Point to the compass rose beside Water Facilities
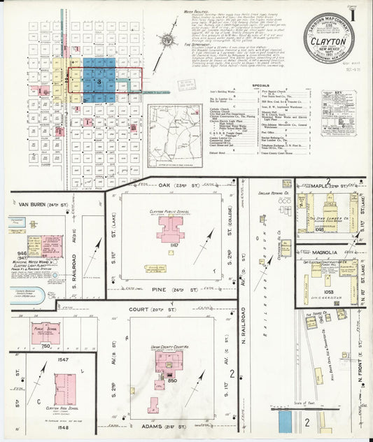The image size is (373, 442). coord(168,42)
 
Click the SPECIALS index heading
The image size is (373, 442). coord(260,85)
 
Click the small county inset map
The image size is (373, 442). coord(174,129)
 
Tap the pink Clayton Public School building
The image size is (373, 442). coord(170,229)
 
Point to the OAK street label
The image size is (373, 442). coord(146,185)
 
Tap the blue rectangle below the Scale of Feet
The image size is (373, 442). coord(286,420)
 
